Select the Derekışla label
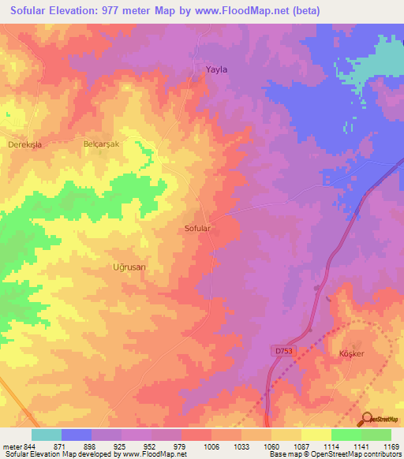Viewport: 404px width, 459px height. tap(23, 146)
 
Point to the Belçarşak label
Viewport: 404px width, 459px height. tap(101, 145)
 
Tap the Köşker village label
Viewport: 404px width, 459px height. tap(351, 353)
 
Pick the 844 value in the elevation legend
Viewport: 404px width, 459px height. tap(24, 446)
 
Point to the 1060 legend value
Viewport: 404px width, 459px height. tap(271, 446)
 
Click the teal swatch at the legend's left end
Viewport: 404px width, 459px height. tap(46, 435)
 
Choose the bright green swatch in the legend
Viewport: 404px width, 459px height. tap(346, 435)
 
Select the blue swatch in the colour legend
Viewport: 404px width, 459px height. tap(76, 435)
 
